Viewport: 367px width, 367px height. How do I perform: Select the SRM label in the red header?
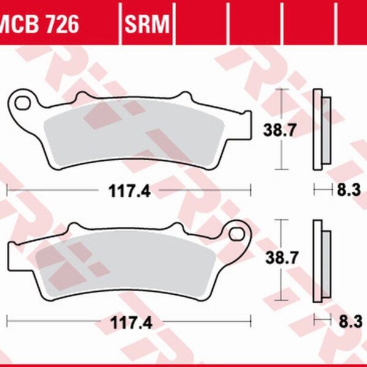click(x=148, y=24)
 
